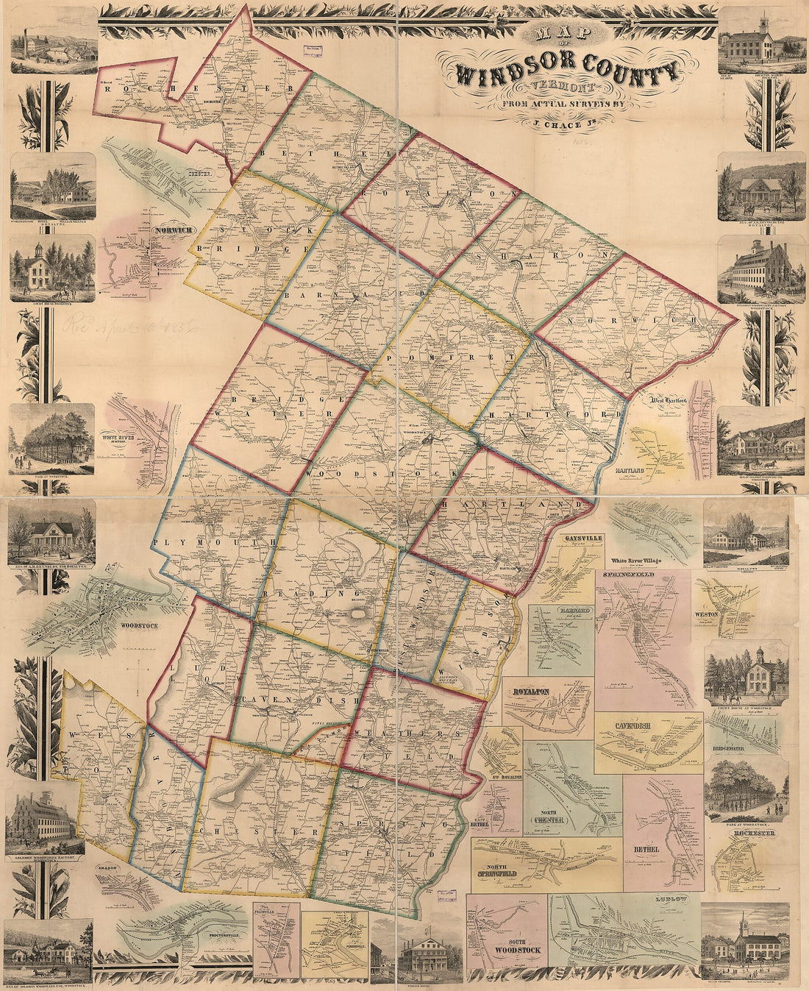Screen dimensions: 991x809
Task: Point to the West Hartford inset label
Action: click(668, 401)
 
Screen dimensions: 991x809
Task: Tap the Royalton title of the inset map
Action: click(528, 692)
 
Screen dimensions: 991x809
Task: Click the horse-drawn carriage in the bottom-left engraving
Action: click(26, 955)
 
